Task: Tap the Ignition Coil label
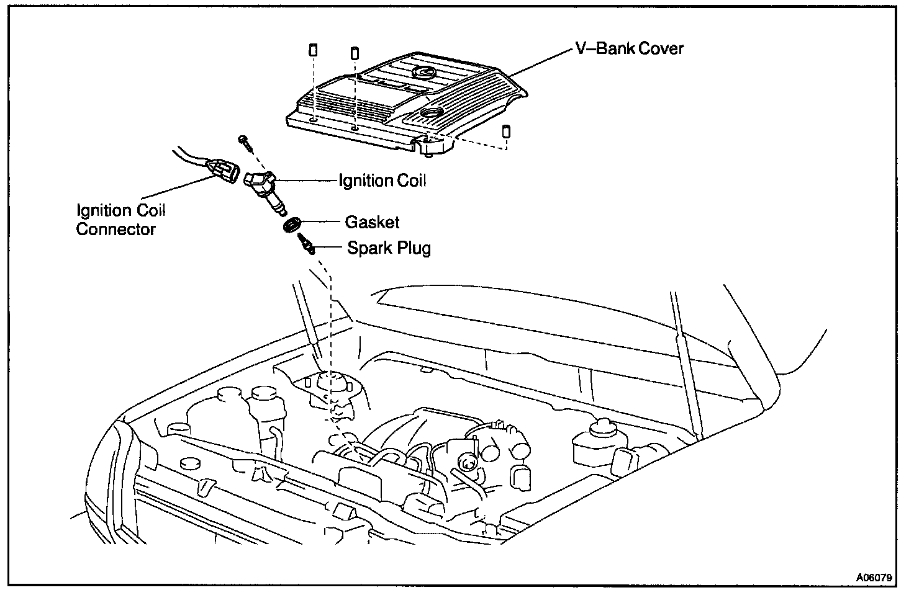pos(382,181)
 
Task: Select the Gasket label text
pos(372,221)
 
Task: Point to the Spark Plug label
pos(389,248)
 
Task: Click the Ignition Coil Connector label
pos(121,220)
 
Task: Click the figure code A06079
pos(874,578)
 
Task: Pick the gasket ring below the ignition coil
pos(291,224)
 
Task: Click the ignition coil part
pos(264,189)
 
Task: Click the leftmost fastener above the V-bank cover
pos(314,50)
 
